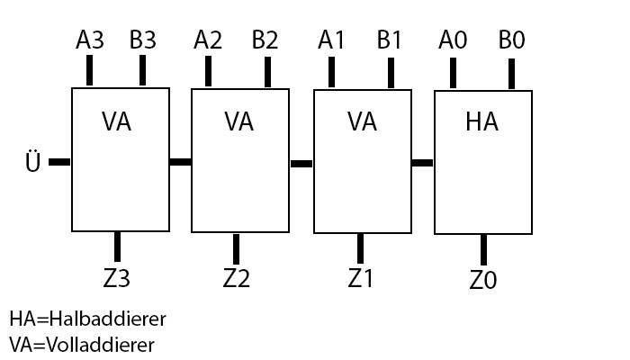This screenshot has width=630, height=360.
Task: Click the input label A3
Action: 91,40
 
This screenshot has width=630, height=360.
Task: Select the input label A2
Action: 209,40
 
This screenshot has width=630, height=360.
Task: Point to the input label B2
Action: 265,40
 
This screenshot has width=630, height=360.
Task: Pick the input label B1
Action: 391,40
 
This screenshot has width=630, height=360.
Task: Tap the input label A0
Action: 453,40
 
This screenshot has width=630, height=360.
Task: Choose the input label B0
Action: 511,40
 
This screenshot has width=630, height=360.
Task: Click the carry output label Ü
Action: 33,165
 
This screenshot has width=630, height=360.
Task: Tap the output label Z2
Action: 235,278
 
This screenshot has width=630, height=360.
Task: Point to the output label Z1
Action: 360,278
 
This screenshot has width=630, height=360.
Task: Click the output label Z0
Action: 483,281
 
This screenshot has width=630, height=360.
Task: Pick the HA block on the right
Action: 482,162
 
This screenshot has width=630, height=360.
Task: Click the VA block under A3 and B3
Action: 120,158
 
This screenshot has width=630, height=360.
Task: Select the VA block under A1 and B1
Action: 362,159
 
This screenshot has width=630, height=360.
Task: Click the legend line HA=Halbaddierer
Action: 88,319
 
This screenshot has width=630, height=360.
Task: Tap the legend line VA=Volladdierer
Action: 82,344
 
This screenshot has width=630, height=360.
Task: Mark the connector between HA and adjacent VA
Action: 422,163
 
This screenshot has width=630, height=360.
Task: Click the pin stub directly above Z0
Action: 483,249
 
